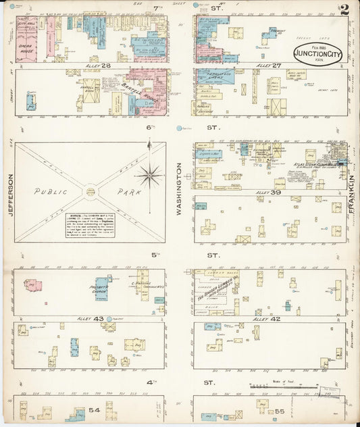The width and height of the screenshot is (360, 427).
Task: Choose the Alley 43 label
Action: (x=99, y=319)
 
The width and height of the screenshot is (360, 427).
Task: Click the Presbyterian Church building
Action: (x=103, y=288)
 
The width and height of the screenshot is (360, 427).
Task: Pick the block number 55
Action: (x=280, y=410)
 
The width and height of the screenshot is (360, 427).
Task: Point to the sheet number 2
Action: (x=344, y=9)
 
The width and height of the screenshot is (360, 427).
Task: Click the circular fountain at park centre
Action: (x=90, y=193)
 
